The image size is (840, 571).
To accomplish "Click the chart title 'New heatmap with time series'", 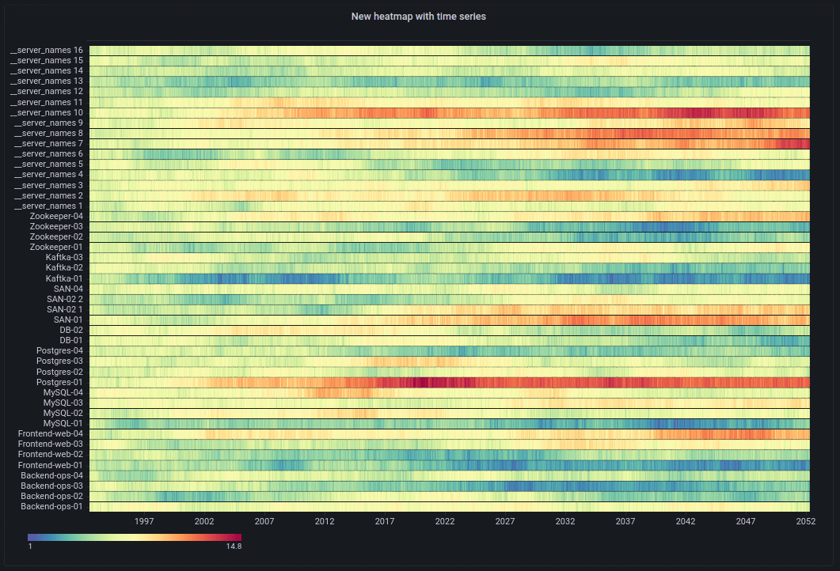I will [x=418, y=17].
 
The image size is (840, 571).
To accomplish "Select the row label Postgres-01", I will [x=59, y=382].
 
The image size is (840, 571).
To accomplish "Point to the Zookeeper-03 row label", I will [x=56, y=226].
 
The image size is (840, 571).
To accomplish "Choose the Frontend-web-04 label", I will [x=51, y=433].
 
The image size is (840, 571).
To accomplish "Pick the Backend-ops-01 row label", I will [x=51, y=506].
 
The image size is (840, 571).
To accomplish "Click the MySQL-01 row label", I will [x=63, y=423].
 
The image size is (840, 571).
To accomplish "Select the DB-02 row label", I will [x=70, y=330].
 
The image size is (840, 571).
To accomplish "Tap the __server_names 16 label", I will [x=47, y=51].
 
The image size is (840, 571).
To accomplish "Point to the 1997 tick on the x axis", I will [x=144, y=522].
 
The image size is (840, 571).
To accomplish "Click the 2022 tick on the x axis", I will [x=445, y=522].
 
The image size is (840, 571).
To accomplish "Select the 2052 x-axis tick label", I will [x=806, y=522].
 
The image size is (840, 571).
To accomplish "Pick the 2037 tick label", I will [x=625, y=522].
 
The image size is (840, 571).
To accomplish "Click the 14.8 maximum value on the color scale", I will [x=234, y=546].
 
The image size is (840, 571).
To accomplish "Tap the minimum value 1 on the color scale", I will [x=30, y=546].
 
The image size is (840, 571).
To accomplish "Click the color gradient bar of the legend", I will [x=135, y=537].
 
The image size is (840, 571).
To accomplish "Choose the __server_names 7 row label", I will [x=48, y=143].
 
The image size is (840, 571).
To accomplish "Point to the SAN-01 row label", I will [x=68, y=320].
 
